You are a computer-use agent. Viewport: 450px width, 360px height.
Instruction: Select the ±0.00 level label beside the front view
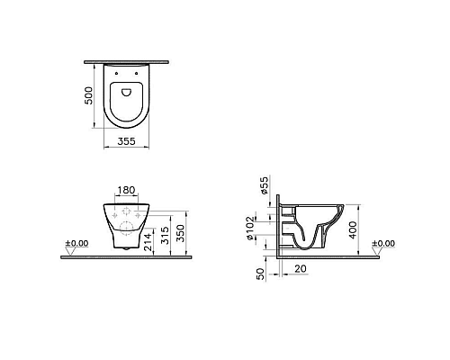click(76, 243)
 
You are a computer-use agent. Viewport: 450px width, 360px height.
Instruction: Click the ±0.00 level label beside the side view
click(383, 243)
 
